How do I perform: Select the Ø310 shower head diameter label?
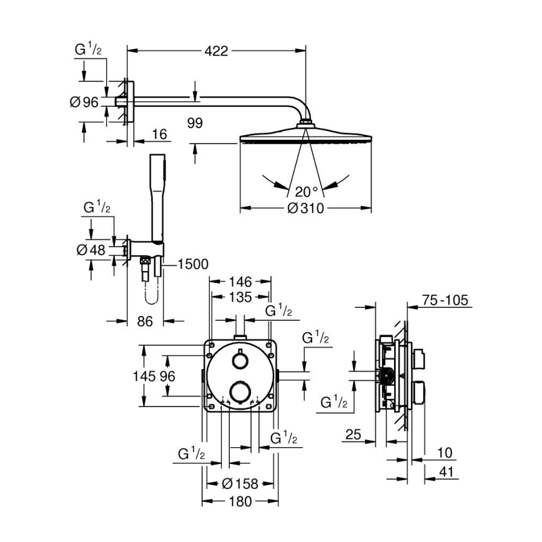pyautogui.click(x=305, y=208)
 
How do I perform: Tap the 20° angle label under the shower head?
pyautogui.click(x=306, y=191)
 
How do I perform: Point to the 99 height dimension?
pyautogui.click(x=195, y=124)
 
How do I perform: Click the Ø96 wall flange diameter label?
pyautogui.click(x=84, y=102)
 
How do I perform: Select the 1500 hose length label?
pyautogui.click(x=193, y=265)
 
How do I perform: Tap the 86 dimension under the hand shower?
pyautogui.click(x=144, y=322)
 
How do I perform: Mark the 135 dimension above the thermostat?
pyautogui.click(x=240, y=297)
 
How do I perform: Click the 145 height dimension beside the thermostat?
pyautogui.click(x=144, y=376)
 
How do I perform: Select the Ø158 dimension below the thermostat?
pyautogui.click(x=240, y=483)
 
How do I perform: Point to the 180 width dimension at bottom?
pyautogui.click(x=240, y=501)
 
